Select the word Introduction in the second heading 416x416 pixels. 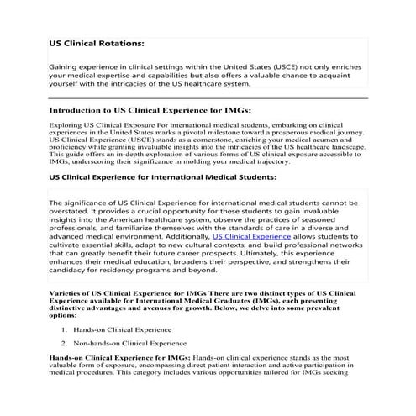(x=79, y=110)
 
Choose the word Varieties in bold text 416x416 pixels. (x=68, y=291)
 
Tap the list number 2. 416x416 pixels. (x=64, y=344)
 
